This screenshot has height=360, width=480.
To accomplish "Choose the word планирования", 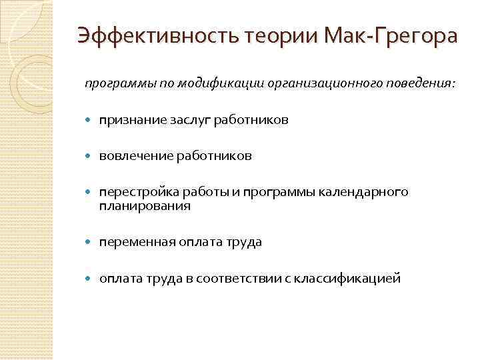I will tap(145, 206).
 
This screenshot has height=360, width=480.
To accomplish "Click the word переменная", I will tap(136, 242).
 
